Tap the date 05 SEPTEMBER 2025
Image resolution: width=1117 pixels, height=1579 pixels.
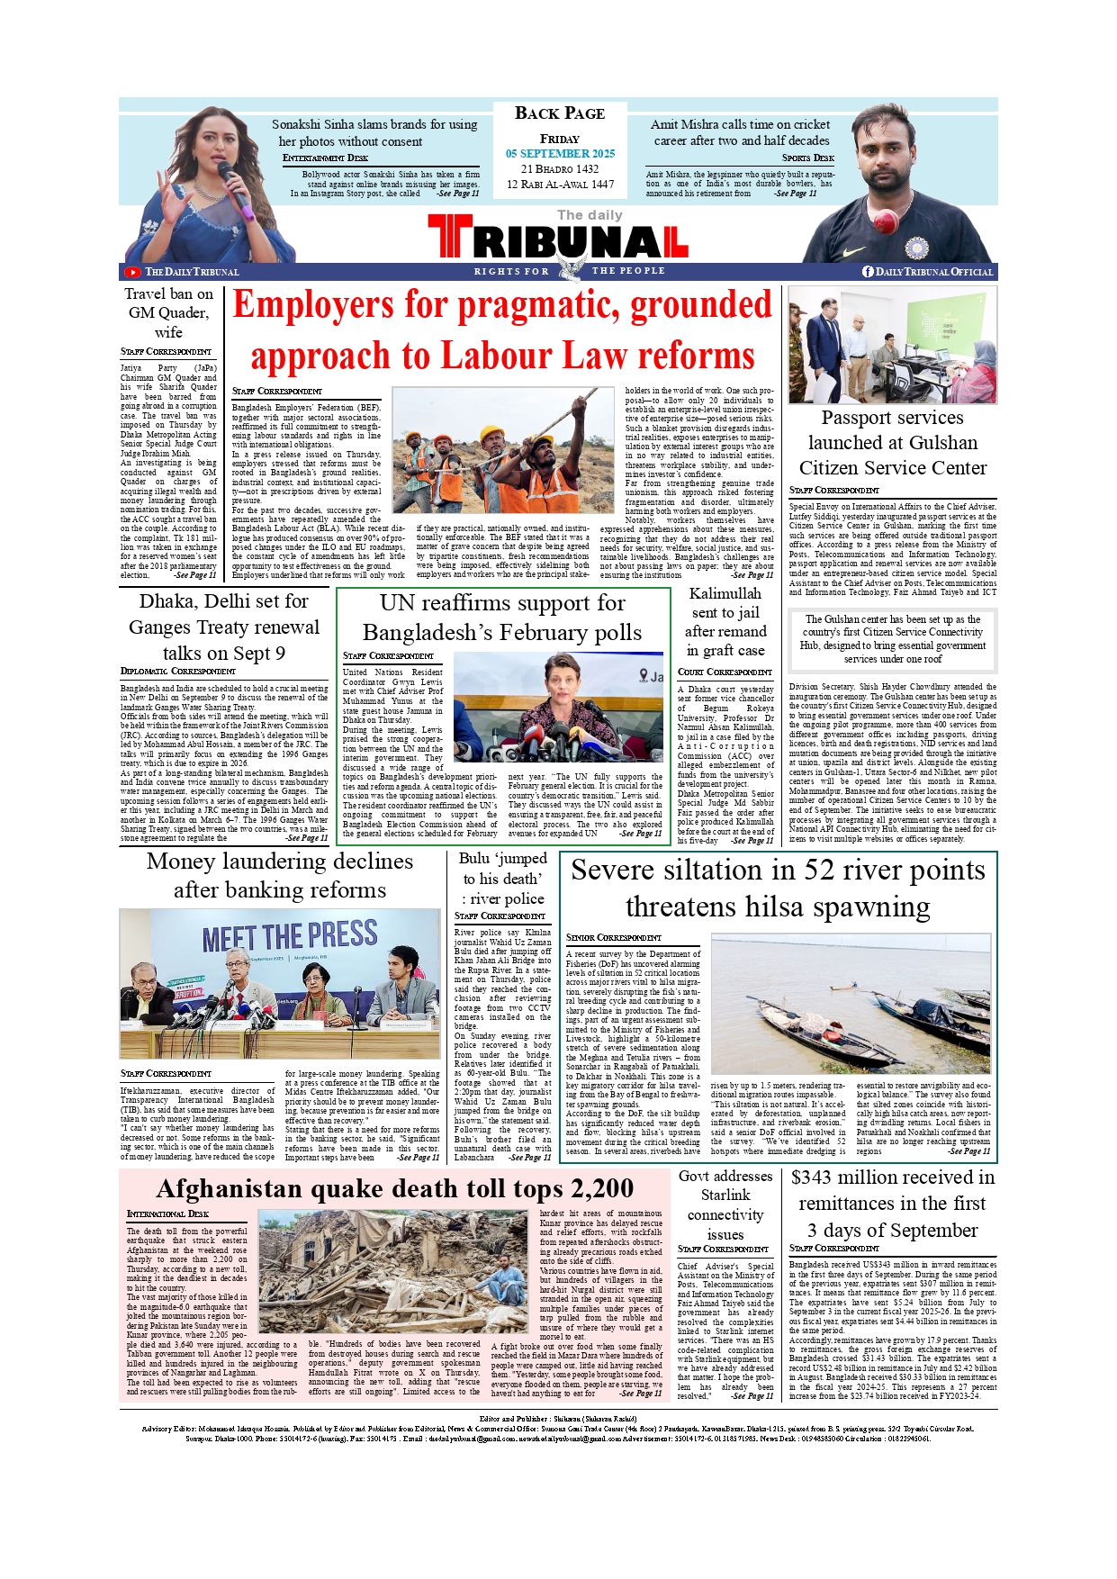(x=560, y=154)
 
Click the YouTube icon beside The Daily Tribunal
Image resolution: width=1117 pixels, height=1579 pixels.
(x=132, y=272)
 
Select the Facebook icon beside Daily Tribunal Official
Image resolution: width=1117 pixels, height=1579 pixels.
(x=868, y=271)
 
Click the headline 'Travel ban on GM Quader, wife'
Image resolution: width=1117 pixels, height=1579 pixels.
(x=168, y=312)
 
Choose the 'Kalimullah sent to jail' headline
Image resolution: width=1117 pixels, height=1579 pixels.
(x=725, y=621)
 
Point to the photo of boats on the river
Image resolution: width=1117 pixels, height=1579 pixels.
(x=851, y=1006)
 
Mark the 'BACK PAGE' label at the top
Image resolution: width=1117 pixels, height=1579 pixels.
(x=560, y=113)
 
